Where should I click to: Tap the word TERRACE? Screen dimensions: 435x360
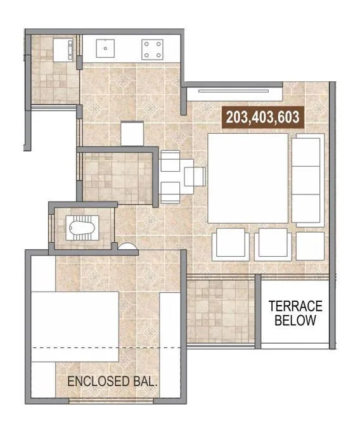tap(295, 306)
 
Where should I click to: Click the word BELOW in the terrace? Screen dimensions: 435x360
tap(295, 321)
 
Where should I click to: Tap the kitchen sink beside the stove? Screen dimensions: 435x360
tap(104, 48)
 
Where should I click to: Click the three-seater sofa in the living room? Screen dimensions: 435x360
tap(308, 178)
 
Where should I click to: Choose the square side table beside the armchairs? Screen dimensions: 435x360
tap(310, 246)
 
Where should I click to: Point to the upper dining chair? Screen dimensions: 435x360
tap(171, 162)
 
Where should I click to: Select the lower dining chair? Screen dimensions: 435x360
tap(171, 192)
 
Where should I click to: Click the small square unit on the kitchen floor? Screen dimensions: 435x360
tap(134, 132)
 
